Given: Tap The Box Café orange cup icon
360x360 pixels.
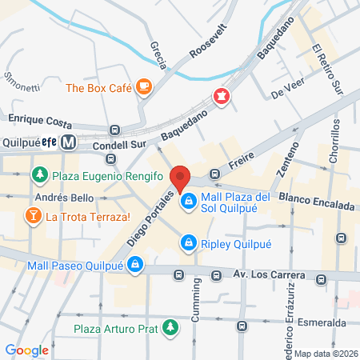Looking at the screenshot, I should click(144, 86).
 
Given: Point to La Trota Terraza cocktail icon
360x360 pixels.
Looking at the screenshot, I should click(33, 215).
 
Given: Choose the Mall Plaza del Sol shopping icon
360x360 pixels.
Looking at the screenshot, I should click(189, 201).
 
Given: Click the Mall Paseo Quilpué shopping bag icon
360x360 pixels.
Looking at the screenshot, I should click(135, 263).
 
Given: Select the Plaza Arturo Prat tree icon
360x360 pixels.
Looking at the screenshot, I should click(170, 327).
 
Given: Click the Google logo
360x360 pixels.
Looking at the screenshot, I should click(26, 350).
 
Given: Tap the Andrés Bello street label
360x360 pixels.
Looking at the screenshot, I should click(65, 197).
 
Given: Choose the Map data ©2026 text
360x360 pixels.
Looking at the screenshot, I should click(325, 353).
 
